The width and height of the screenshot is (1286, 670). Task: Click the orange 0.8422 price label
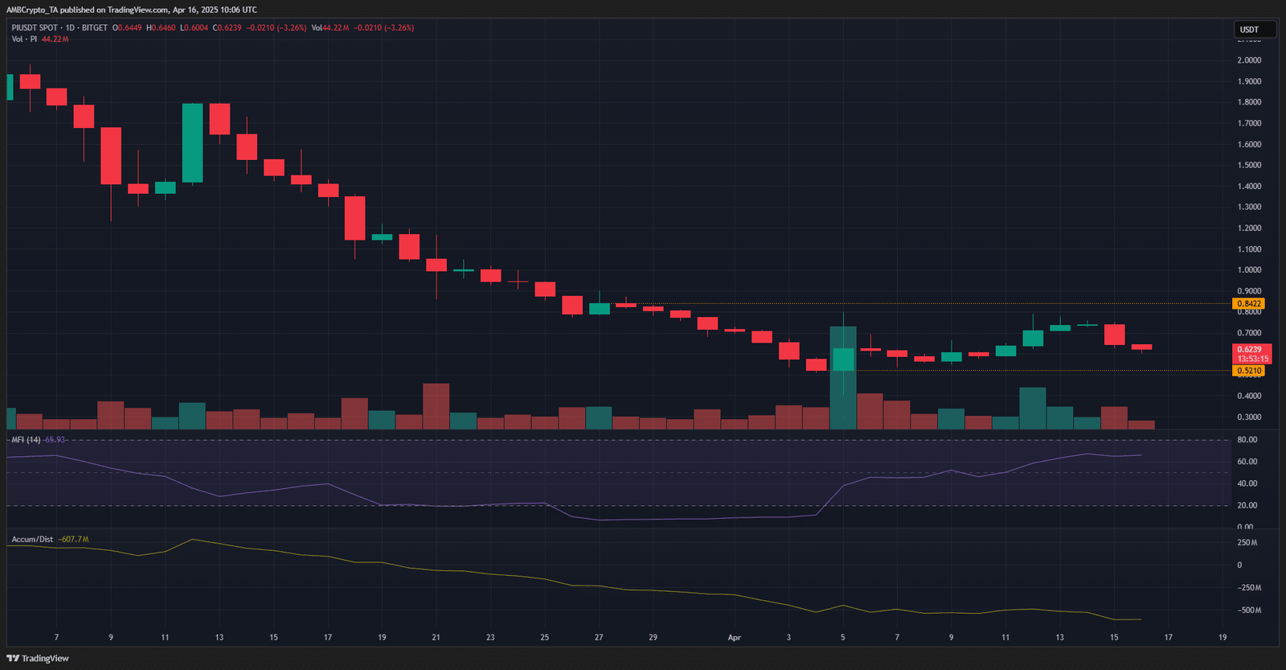click(1249, 303)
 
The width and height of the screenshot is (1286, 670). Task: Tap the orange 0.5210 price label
click(1249, 371)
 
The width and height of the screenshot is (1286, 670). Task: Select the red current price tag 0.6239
click(1251, 350)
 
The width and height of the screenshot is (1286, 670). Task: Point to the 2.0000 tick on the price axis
click(1249, 60)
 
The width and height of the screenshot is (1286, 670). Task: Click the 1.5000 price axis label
click(1249, 165)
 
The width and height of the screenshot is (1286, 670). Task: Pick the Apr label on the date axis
click(734, 637)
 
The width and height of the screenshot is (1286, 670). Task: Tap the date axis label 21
click(436, 637)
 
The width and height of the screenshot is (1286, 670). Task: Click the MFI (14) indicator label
click(26, 440)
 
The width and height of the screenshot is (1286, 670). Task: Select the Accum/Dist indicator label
click(32, 539)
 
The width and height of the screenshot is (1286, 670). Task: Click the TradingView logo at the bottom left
click(38, 658)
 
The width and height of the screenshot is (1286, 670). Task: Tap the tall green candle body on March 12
click(192, 143)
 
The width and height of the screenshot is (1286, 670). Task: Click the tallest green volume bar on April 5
click(843, 378)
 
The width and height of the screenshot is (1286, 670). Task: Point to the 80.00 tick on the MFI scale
click(1247, 440)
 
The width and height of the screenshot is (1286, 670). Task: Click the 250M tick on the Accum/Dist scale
click(1247, 543)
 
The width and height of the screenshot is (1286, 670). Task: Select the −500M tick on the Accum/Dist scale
click(1249, 610)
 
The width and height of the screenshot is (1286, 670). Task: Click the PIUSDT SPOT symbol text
click(35, 27)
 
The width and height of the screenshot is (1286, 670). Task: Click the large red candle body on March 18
click(354, 218)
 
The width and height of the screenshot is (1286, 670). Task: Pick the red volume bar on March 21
click(436, 406)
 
